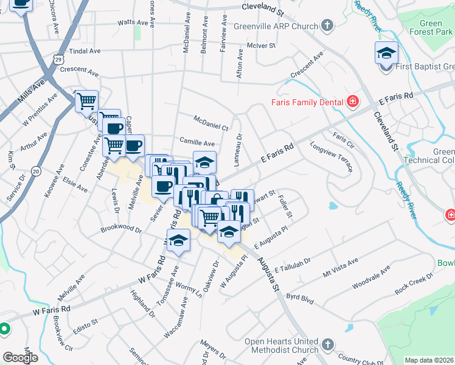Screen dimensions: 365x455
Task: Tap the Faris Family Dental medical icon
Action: click(x=352, y=101)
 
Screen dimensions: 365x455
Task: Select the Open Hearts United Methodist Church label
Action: click(x=282, y=346)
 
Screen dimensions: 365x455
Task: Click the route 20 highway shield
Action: click(x=36, y=172)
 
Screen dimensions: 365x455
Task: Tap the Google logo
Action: click(x=20, y=358)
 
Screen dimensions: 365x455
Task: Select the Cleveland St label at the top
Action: click(x=263, y=9)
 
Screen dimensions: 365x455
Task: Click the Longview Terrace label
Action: click(x=331, y=156)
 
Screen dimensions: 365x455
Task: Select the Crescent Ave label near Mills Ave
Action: click(x=79, y=71)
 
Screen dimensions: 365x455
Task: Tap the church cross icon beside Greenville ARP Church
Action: click(x=327, y=26)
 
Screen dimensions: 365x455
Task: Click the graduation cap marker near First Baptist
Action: click(x=386, y=54)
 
